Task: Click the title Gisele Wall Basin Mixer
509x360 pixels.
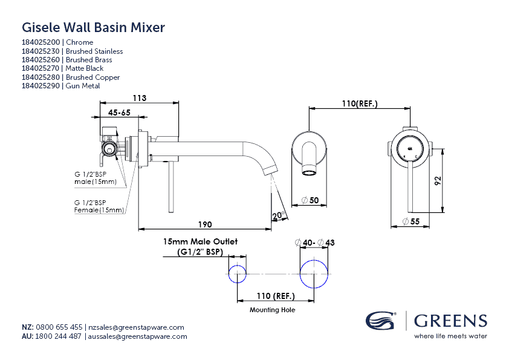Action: tap(93, 27)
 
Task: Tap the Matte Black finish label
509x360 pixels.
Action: tap(85, 69)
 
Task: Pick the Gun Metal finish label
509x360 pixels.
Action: tap(83, 87)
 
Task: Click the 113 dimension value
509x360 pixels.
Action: tap(140, 98)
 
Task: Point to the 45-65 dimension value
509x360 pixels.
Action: tap(120, 113)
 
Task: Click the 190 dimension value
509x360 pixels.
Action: tap(205, 224)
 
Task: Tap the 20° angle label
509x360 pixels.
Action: tap(278, 215)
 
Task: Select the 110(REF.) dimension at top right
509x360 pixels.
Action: tap(359, 103)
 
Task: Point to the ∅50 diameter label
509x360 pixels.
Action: tap(310, 200)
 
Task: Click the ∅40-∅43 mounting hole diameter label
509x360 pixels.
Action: tap(314, 243)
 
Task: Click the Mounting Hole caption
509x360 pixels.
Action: tap(272, 310)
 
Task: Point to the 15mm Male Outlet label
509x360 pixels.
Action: tap(200, 241)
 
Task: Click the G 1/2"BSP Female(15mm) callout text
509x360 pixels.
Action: tap(99, 206)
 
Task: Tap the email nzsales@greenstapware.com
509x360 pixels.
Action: tap(135, 327)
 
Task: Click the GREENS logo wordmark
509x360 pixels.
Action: tap(450, 320)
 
